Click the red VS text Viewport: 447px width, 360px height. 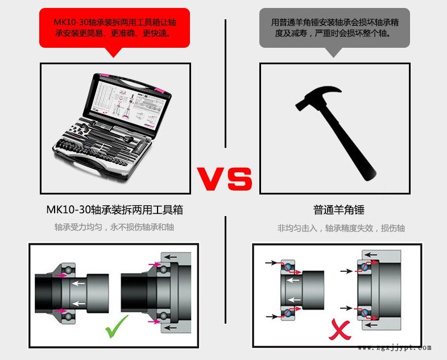[225, 179]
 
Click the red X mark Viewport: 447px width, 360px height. [340, 330]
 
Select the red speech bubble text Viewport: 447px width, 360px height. [115, 28]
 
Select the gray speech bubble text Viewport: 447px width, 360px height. [334, 28]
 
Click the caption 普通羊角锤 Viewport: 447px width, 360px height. [339, 210]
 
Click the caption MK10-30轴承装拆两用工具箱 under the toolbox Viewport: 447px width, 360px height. [114, 210]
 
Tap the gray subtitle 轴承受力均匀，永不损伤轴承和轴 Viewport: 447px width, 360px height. [114, 227]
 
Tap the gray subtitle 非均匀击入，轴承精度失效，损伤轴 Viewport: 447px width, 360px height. [341, 228]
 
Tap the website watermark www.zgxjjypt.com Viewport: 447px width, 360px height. [395, 347]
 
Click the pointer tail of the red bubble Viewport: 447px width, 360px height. [114, 52]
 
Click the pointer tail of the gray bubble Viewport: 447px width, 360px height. [333, 52]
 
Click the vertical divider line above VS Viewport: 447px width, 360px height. [226, 84]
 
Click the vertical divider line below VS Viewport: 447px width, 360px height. [226, 270]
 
